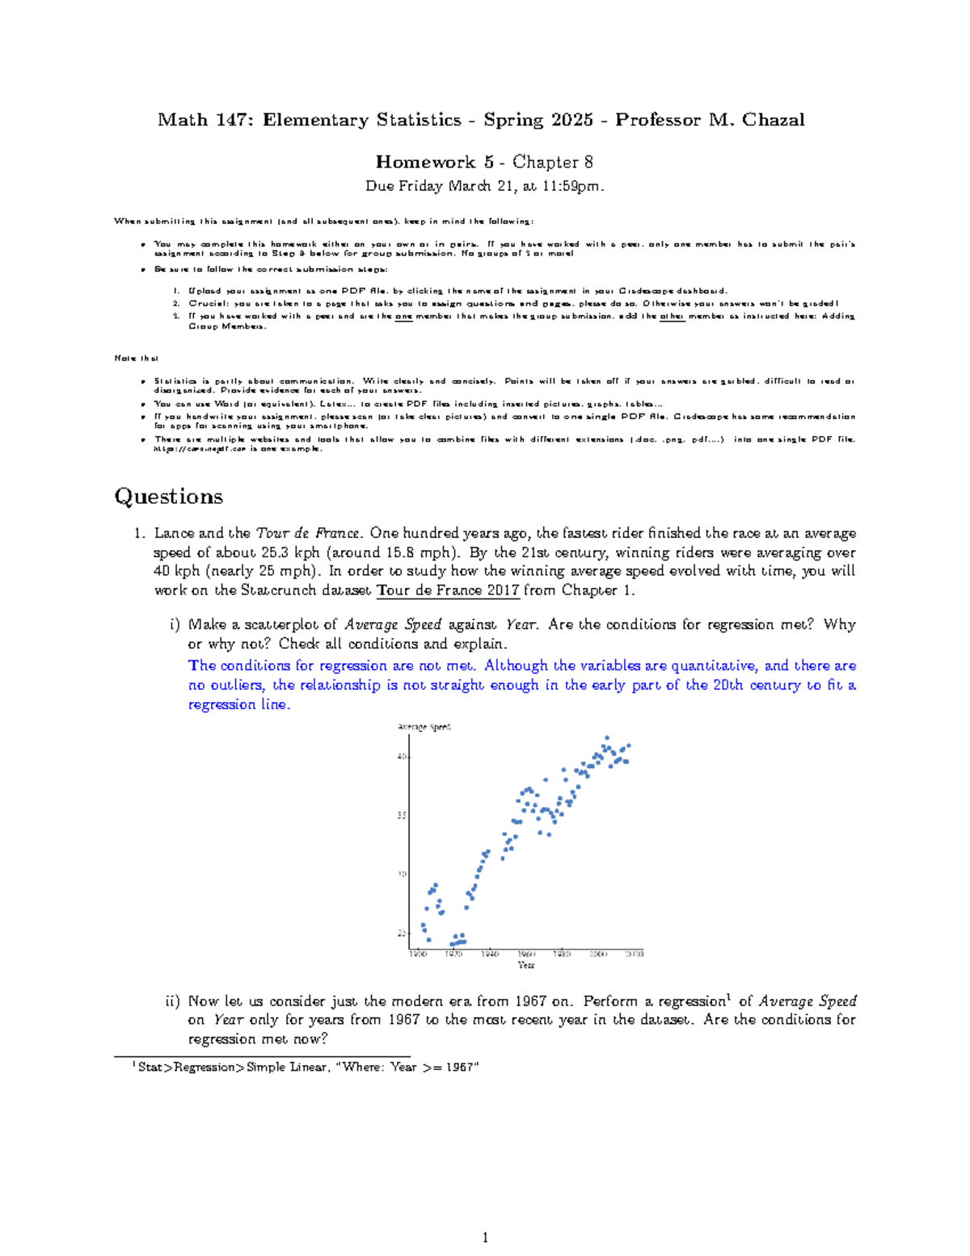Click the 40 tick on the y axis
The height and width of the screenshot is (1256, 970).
click(402, 757)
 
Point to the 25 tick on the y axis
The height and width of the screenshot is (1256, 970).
click(402, 933)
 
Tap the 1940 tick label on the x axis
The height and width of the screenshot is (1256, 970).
click(490, 954)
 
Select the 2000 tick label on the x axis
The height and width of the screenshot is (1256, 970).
click(598, 954)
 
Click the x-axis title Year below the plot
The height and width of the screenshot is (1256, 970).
click(526, 965)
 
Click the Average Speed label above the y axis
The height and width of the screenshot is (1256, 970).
click(424, 727)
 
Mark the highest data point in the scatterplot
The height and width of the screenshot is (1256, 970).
click(607, 738)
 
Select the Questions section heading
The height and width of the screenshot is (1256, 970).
click(168, 497)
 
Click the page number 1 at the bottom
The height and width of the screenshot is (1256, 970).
click(485, 1237)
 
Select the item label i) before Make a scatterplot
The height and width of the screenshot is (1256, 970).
click(175, 625)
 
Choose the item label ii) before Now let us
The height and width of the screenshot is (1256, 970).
click(172, 1001)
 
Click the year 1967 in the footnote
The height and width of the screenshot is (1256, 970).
click(461, 1068)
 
